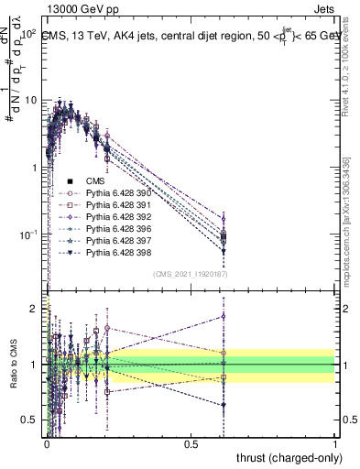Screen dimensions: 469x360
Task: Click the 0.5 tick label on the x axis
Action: (x=191, y=442)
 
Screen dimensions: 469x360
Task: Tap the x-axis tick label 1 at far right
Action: (x=335, y=442)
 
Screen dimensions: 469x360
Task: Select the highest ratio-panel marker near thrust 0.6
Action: (x=224, y=316)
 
